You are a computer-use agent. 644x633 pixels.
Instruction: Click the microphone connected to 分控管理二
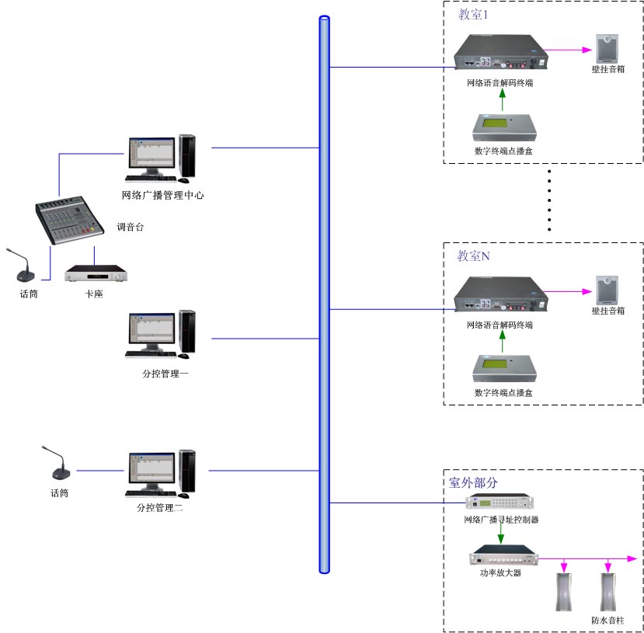(x=57, y=465)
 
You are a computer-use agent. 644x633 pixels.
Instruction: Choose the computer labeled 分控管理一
(x=161, y=335)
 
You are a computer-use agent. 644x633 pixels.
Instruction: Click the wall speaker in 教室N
(x=607, y=290)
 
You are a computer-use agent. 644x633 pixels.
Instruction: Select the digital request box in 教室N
(x=502, y=370)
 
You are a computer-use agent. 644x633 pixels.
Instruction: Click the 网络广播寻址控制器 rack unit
(x=500, y=504)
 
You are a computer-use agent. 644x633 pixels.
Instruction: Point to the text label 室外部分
(x=473, y=482)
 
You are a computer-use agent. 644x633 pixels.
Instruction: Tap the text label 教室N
(x=473, y=256)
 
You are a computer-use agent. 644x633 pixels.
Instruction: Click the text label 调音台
(x=130, y=228)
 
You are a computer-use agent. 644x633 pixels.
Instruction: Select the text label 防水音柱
(x=607, y=621)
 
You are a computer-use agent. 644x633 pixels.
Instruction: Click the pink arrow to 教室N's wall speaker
(x=566, y=293)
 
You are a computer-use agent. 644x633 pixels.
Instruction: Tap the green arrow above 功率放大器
(x=500, y=534)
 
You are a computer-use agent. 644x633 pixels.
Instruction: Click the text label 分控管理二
(x=160, y=508)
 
